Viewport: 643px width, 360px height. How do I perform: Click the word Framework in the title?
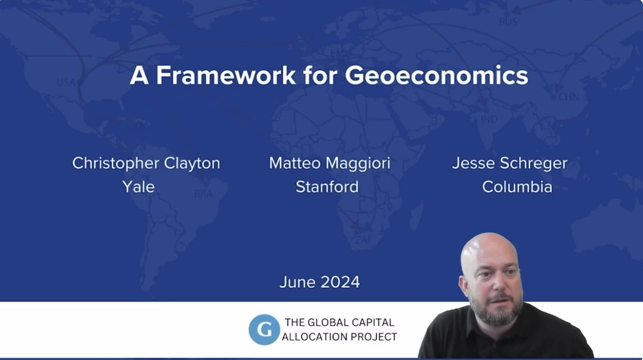click(x=226, y=76)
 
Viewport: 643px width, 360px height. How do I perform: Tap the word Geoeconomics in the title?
click(x=436, y=76)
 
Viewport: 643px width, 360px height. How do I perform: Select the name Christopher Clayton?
click(x=146, y=163)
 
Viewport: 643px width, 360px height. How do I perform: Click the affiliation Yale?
click(x=138, y=186)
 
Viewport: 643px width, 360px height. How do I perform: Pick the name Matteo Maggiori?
click(x=329, y=163)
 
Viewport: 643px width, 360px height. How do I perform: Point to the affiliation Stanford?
click(x=327, y=186)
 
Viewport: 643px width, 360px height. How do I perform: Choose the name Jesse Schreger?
click(x=509, y=163)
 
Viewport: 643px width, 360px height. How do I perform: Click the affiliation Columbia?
click(x=517, y=186)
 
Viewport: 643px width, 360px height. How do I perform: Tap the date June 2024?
click(x=319, y=282)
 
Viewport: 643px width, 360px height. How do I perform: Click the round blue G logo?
click(x=264, y=329)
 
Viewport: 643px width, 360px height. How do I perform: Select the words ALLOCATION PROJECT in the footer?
click(x=339, y=337)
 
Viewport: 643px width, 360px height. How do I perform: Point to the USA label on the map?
click(x=66, y=82)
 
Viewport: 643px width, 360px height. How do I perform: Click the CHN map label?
click(x=568, y=96)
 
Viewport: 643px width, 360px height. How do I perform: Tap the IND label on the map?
click(x=489, y=120)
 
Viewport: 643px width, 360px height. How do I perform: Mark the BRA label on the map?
click(x=203, y=194)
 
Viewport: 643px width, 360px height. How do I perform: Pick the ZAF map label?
click(x=363, y=240)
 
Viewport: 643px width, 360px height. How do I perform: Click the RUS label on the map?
click(x=508, y=22)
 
